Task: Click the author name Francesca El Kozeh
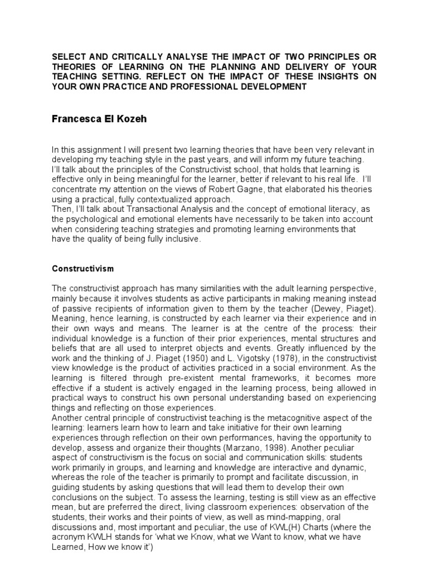[99, 119]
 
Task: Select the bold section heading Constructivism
[82, 269]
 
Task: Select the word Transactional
[129, 209]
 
